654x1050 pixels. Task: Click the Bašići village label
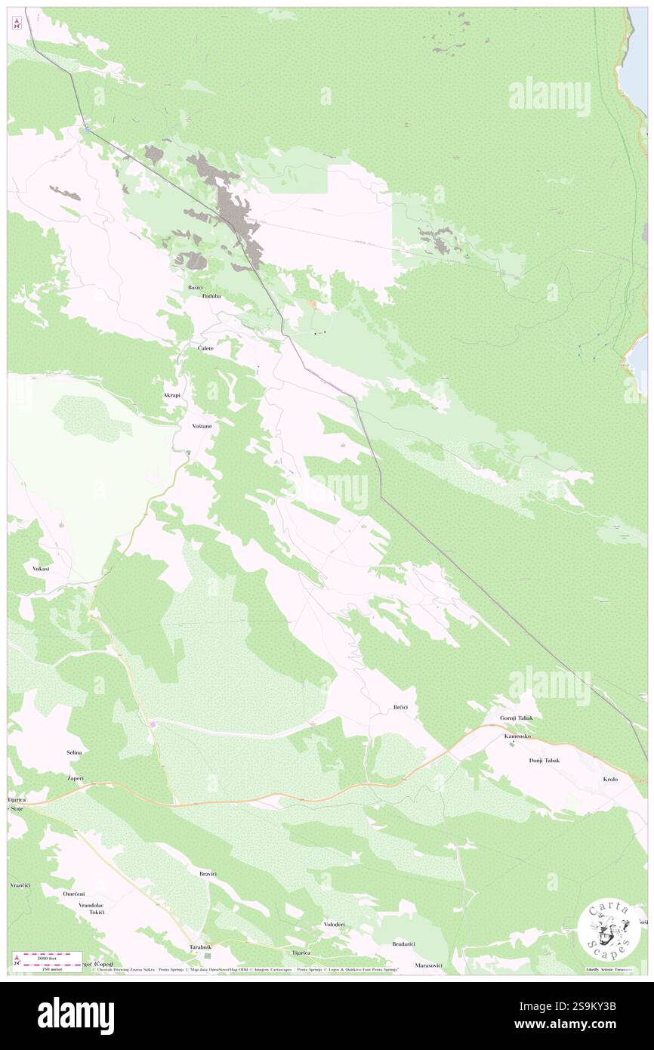point(196,288)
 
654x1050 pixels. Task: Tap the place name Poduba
point(211,297)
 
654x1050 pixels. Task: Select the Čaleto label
point(205,348)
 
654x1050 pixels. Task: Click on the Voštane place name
point(202,426)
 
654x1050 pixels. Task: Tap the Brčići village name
point(400,707)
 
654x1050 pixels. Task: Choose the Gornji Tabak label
point(517,718)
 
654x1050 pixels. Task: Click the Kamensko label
point(518,735)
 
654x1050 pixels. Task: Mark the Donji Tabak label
point(544,760)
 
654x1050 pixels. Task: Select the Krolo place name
point(610,779)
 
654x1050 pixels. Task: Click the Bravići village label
point(208,873)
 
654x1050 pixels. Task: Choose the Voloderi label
point(334,925)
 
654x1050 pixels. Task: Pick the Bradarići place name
point(403,943)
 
